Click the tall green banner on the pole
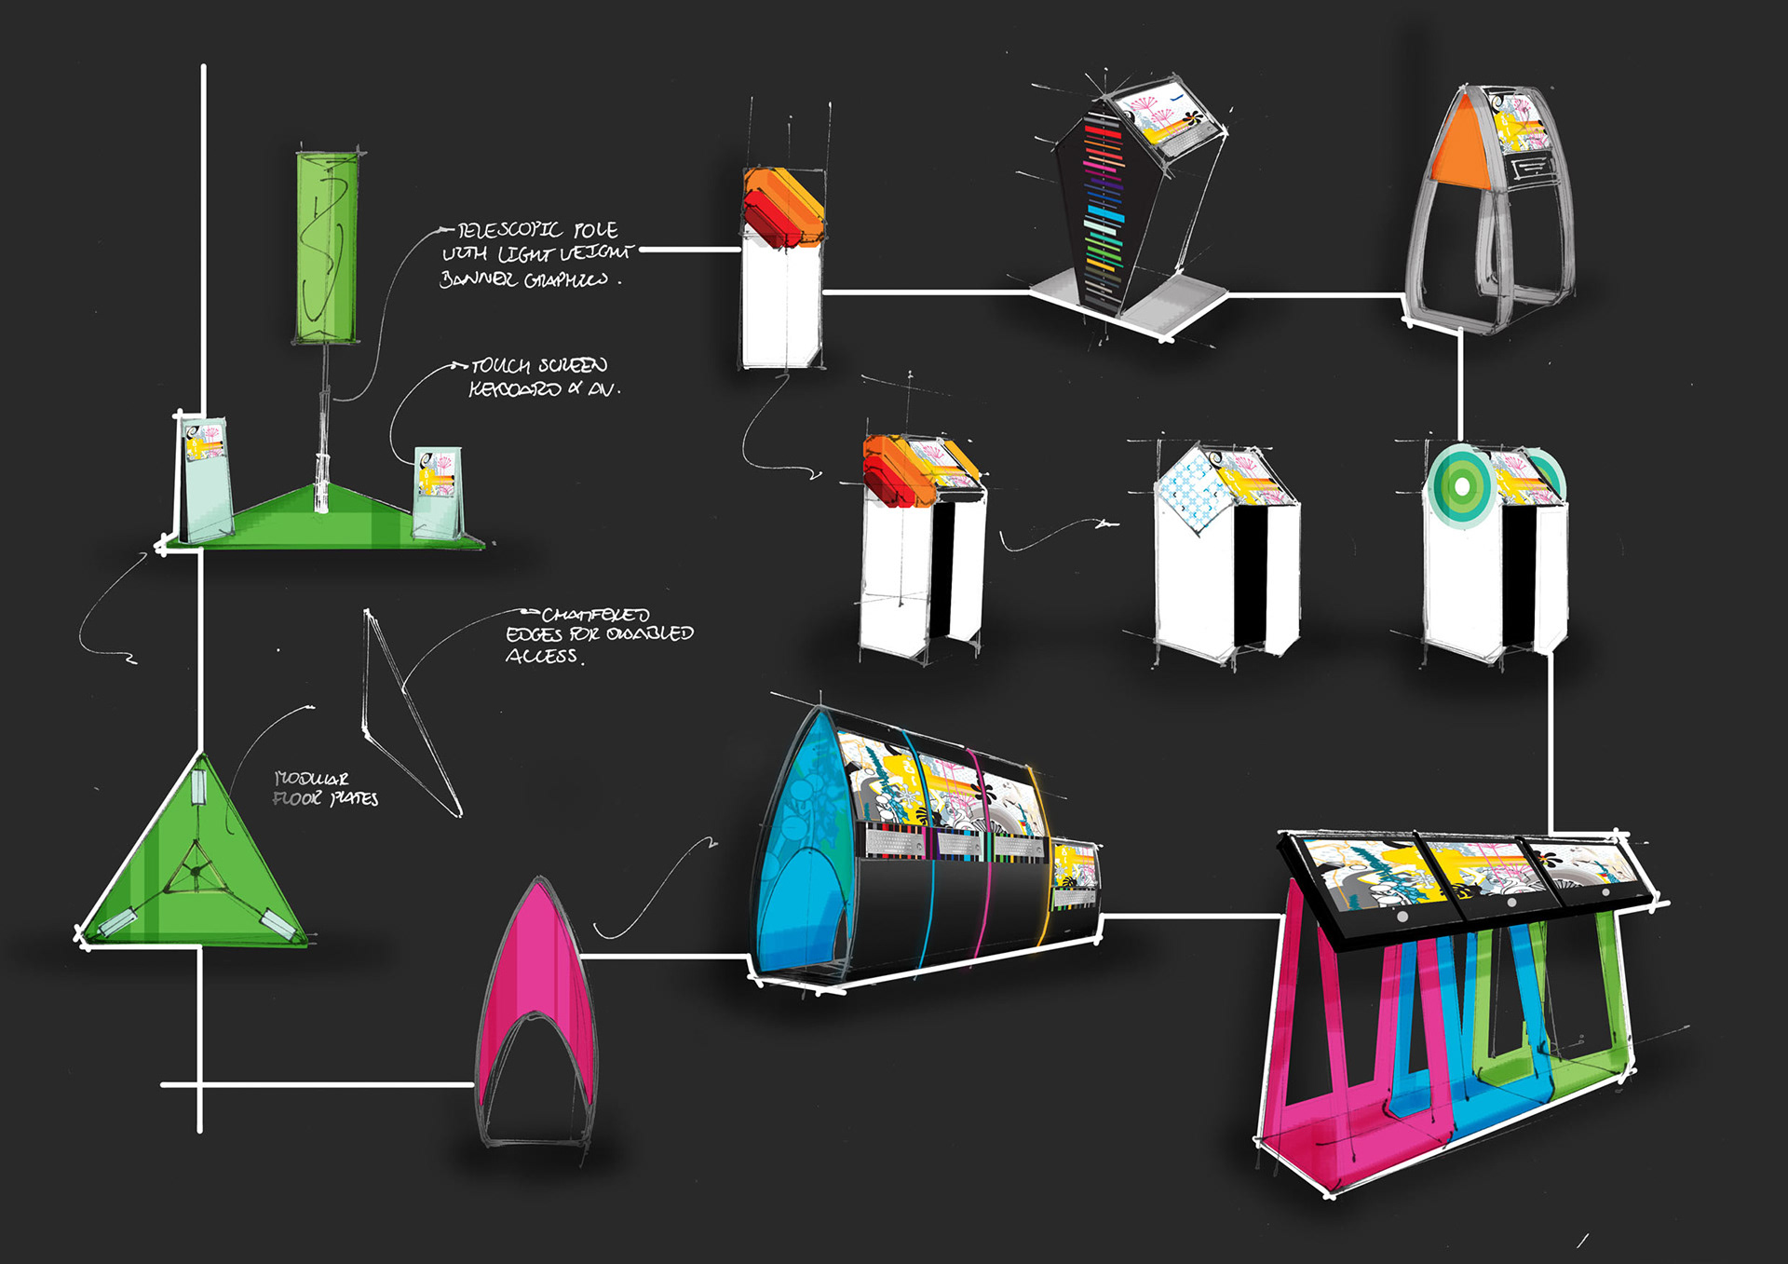[327, 247]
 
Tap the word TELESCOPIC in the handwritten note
[509, 230]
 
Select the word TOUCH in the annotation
[500, 366]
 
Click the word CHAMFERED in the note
[596, 615]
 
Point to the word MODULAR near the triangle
[312, 779]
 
